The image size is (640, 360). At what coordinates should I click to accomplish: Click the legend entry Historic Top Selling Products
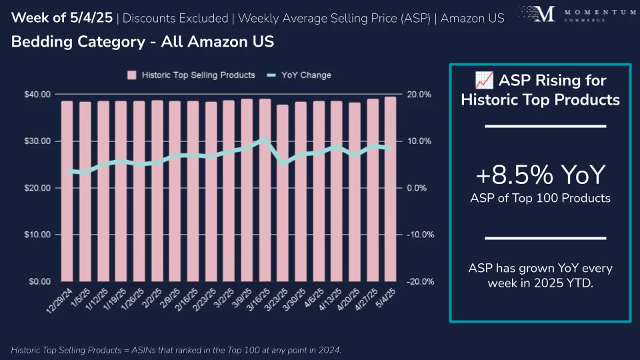point(191,75)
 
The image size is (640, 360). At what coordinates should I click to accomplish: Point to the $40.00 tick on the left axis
point(38,95)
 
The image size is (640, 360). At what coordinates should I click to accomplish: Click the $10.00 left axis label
point(38,235)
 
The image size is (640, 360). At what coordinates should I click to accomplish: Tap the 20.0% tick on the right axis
point(419,95)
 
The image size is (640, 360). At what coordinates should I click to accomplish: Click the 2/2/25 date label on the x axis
point(153,301)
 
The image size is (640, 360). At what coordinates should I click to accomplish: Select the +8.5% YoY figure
point(540,175)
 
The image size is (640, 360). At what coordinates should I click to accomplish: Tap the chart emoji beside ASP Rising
point(484,81)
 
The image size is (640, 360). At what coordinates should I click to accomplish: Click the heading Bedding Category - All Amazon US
point(143,42)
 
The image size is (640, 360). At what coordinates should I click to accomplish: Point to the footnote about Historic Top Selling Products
point(176,350)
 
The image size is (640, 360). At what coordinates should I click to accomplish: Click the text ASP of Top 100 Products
point(540,197)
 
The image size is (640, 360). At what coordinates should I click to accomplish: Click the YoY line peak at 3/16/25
point(265,139)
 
